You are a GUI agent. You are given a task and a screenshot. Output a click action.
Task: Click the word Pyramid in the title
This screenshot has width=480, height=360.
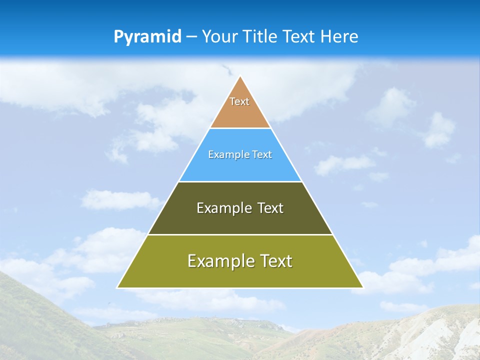147,37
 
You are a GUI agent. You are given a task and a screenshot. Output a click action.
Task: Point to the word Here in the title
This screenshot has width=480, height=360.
339,36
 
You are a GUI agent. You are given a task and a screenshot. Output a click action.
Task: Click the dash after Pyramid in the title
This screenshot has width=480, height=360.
191,37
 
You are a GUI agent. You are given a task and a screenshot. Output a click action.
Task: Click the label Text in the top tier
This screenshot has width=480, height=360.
239,101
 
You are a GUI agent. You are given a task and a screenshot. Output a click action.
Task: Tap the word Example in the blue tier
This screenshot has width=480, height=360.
226,154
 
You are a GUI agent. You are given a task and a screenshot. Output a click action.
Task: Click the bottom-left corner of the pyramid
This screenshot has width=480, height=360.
118,287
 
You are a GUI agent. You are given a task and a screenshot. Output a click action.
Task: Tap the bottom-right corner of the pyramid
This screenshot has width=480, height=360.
362,287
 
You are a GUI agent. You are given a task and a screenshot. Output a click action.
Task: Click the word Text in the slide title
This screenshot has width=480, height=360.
299,36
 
